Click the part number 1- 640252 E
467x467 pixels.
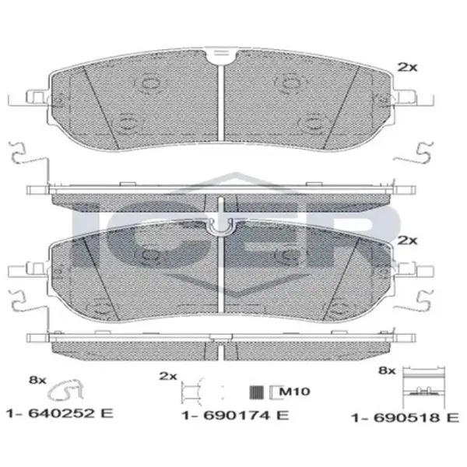60,413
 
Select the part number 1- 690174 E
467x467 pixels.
235,415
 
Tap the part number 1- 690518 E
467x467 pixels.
406,417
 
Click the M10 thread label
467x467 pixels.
295,391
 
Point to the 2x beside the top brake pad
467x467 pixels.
407,67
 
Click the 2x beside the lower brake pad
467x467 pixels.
407,240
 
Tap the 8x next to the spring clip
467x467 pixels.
37,380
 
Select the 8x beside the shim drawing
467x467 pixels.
387,370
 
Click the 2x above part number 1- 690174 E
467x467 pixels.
168,376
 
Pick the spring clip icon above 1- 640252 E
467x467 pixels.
65,391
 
